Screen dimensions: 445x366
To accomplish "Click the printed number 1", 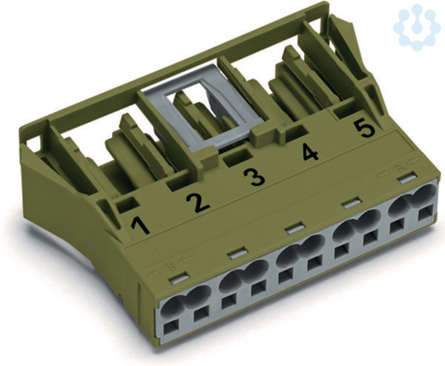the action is click(x=141, y=226).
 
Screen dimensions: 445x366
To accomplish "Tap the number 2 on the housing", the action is click(x=198, y=203).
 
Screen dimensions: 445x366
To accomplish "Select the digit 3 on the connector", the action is click(x=254, y=176).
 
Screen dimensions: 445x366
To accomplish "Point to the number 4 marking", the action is click(x=310, y=153).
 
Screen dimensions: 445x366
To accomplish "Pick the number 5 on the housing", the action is click(x=365, y=129).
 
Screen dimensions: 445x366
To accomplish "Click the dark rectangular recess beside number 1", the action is click(x=128, y=204).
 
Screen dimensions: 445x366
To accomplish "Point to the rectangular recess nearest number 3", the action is click(x=237, y=159).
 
